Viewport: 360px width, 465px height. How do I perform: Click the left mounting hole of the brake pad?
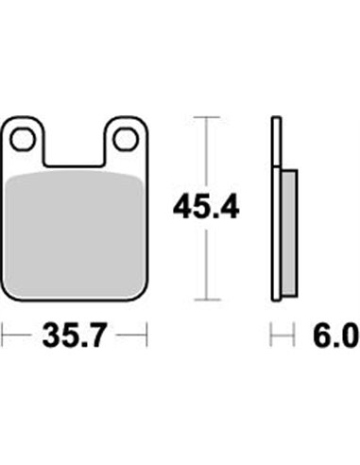(x=23, y=139)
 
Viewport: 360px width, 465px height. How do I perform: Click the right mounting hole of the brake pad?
(x=126, y=139)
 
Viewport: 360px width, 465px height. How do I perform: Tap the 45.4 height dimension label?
(x=206, y=207)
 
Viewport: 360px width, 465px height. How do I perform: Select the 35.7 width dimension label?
(x=74, y=335)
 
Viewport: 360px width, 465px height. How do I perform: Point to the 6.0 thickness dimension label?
(x=336, y=335)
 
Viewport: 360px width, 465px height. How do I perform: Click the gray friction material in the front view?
(x=76, y=234)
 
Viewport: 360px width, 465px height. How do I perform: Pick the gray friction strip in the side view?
(x=289, y=233)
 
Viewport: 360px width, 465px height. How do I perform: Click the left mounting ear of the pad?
(x=23, y=140)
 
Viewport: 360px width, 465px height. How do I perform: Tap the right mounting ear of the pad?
(x=126, y=140)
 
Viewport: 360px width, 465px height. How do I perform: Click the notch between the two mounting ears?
(x=75, y=148)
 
